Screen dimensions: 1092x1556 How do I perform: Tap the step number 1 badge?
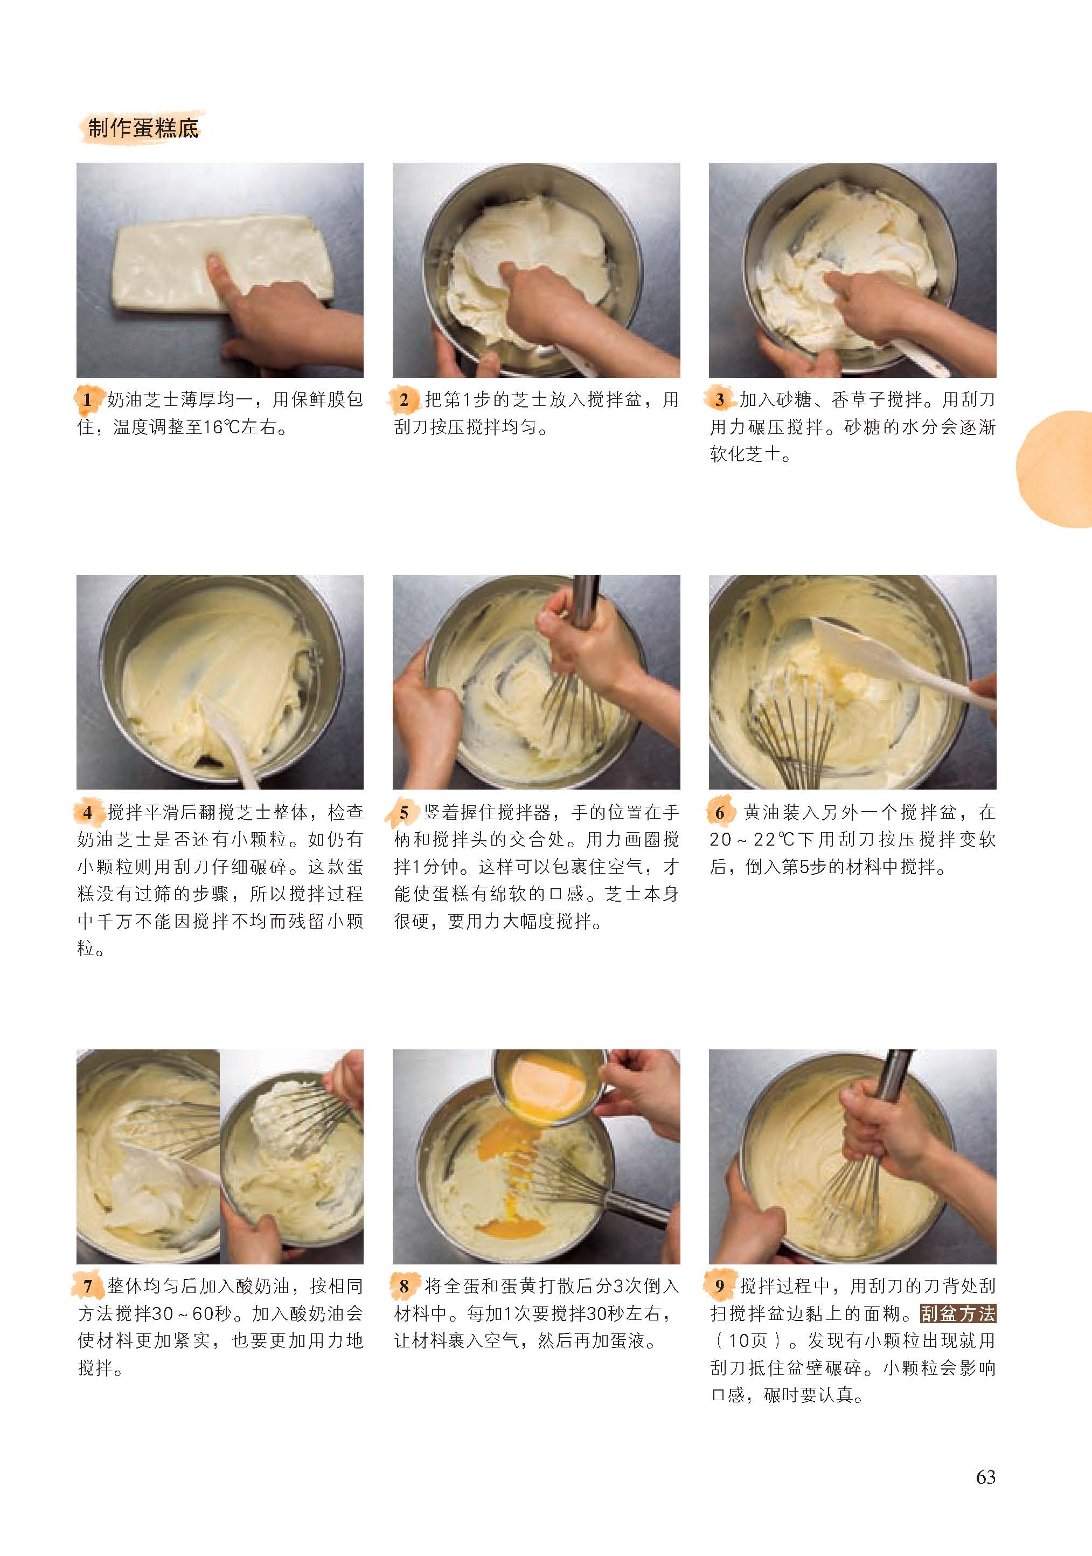tap(87, 400)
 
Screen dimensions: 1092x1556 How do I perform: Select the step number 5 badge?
tap(404, 813)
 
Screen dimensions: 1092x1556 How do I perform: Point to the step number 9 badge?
tap(720, 1287)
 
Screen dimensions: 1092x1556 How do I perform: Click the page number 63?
tap(986, 1477)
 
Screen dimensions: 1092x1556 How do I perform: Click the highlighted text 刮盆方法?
tap(958, 1314)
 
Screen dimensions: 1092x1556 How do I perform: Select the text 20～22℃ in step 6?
tap(752, 840)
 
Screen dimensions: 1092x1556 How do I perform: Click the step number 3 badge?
tap(720, 400)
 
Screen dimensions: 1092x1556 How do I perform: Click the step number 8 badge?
tap(404, 1287)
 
